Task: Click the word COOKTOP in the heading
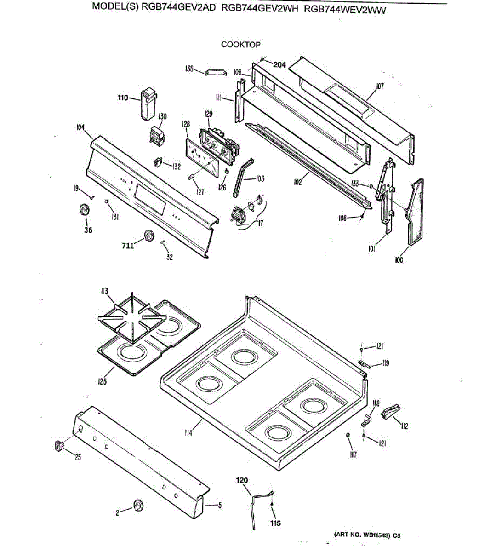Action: point(240,45)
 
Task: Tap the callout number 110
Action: point(123,98)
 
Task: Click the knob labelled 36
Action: point(84,210)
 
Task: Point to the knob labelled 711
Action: point(148,236)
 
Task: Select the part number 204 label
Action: point(279,65)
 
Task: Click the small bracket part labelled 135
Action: point(216,72)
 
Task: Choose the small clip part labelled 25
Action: point(58,445)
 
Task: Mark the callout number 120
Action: point(242,480)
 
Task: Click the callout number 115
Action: point(275,523)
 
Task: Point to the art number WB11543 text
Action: point(367,535)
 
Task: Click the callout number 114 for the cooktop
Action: point(188,432)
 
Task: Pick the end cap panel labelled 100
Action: point(415,212)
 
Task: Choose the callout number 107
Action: point(379,86)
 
